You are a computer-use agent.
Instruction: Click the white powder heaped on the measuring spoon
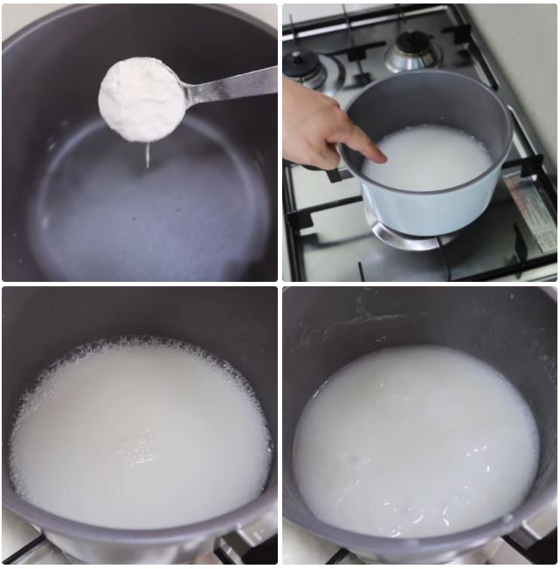tap(140, 98)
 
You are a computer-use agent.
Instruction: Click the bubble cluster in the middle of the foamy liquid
tap(137, 449)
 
